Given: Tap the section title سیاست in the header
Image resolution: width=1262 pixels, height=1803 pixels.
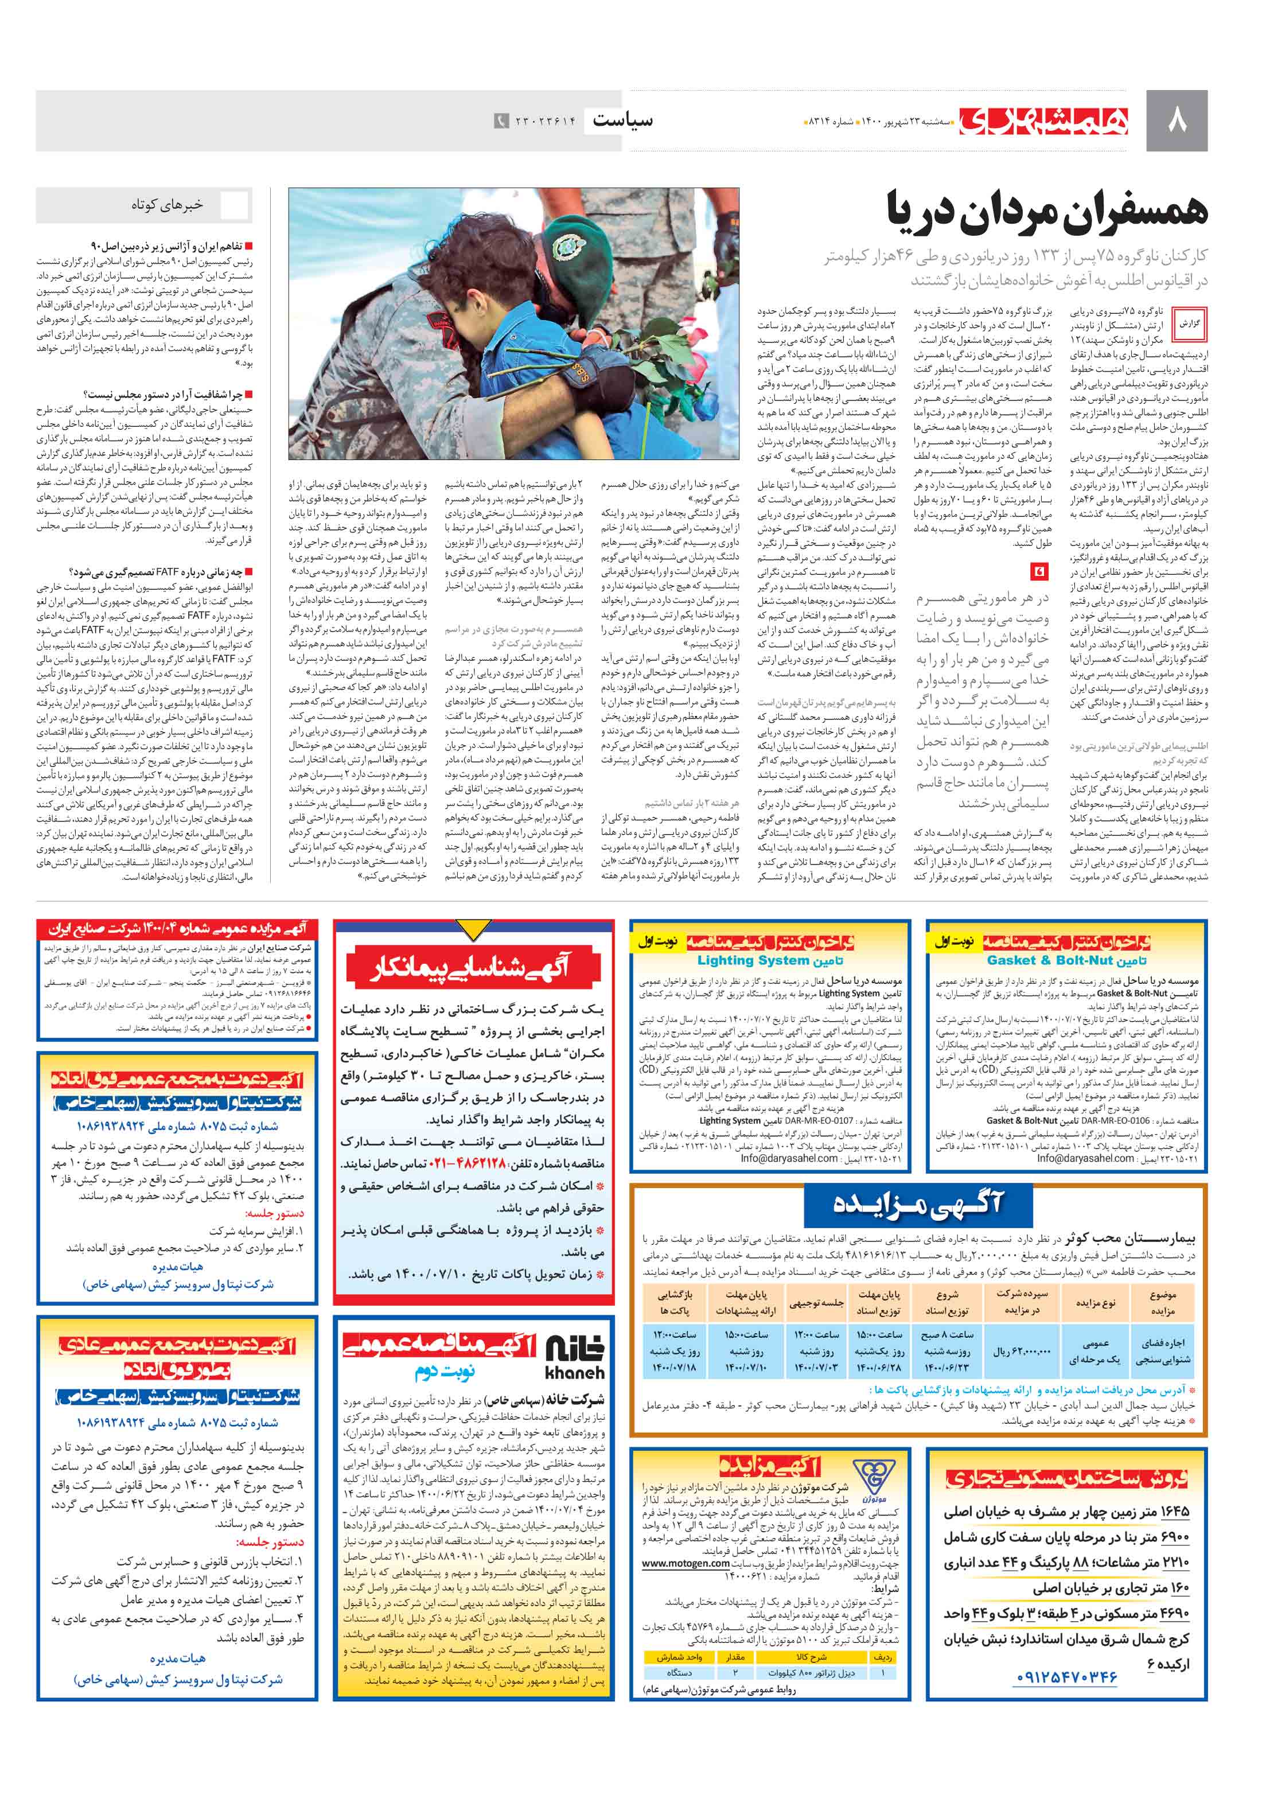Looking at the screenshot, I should [x=622, y=120].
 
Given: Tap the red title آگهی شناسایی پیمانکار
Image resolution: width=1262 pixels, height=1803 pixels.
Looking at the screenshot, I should [x=471, y=968].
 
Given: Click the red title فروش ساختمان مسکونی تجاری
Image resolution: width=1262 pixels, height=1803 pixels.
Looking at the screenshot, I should [x=1066, y=1479].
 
